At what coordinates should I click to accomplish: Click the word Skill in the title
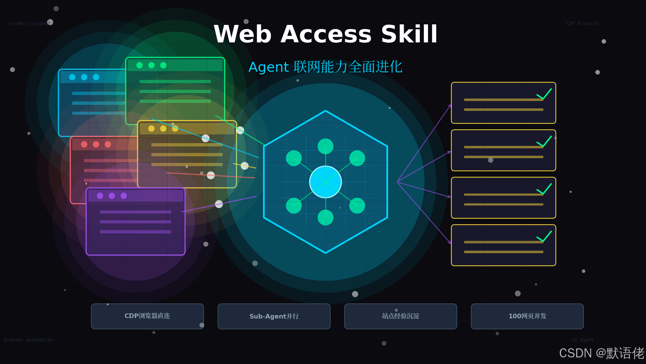point(409,34)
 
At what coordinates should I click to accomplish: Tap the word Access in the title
point(326,34)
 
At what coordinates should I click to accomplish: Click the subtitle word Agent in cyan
point(268,67)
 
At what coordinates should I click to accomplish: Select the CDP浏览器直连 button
point(147,316)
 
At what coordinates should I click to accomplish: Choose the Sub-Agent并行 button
point(274,316)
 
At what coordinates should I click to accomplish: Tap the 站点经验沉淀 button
point(400,316)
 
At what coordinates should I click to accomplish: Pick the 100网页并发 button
point(527,316)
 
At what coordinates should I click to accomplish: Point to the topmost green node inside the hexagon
point(325,146)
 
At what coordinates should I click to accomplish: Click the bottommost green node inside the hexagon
point(325,218)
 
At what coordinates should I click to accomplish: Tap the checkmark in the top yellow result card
point(544,94)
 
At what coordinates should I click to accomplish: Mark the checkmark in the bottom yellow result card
point(544,236)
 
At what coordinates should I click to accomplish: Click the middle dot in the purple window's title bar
point(112,196)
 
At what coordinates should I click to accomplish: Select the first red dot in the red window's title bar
point(84,144)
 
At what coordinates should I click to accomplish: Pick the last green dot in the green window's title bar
point(163,65)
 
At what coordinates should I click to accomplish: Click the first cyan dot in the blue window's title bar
point(72,77)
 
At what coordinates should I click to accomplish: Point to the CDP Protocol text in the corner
point(582,24)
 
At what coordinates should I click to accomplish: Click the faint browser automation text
point(29,340)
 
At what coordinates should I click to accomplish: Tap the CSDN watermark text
point(601,353)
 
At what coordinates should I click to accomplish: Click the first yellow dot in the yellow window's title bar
point(151,129)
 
